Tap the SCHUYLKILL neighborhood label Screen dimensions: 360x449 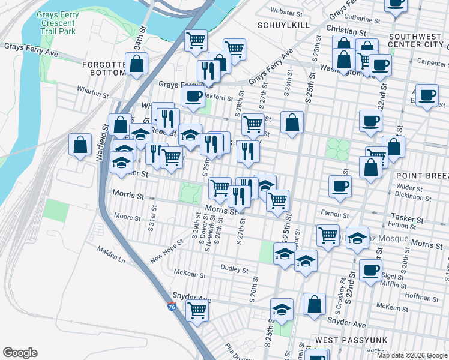[278, 25]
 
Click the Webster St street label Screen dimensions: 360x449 [286, 11]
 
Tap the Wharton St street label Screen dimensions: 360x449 [92, 94]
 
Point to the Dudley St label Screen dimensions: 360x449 [234, 269]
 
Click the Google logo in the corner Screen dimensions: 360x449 [20, 353]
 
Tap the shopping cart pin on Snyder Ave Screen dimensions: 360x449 [197, 311]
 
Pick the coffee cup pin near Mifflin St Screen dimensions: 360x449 [370, 270]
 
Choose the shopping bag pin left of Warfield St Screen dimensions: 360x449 [80, 145]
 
